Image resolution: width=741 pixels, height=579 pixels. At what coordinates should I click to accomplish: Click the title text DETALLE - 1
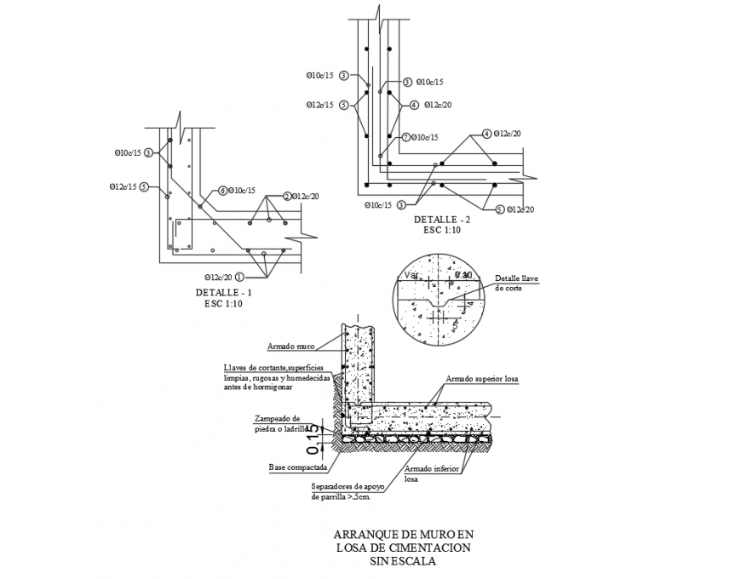click(223, 293)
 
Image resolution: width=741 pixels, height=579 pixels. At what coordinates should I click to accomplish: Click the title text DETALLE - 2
click(442, 219)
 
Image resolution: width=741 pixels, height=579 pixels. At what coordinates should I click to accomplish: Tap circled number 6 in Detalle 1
click(222, 191)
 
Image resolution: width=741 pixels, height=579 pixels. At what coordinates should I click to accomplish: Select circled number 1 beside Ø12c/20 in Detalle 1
click(239, 277)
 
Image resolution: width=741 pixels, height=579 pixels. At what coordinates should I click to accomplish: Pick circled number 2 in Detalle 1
click(287, 196)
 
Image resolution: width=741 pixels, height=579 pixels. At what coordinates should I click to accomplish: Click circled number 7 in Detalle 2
click(406, 137)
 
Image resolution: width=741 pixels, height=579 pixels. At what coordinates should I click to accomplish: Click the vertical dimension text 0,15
click(313, 434)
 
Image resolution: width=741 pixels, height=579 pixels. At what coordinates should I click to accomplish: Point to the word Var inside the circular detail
click(411, 275)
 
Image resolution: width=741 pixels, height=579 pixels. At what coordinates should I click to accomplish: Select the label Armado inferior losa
click(432, 473)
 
